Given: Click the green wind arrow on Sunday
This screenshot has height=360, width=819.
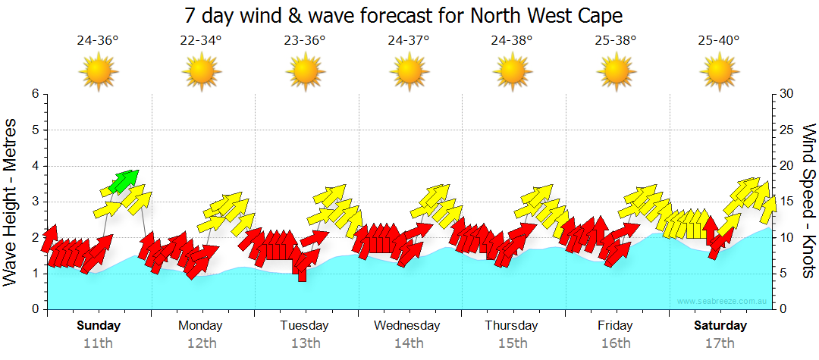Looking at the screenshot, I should tap(123, 180).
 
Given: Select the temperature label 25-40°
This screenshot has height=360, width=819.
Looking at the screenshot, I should tap(719, 41).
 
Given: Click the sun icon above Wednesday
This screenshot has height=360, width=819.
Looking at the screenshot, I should tap(409, 73).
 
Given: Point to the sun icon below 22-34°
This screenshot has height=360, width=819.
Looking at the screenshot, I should tap(201, 73).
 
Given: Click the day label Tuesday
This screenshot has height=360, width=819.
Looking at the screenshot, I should tap(304, 326).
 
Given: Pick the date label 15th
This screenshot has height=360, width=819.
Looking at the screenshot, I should tap(513, 343).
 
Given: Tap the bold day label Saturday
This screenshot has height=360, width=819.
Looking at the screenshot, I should tap(720, 326).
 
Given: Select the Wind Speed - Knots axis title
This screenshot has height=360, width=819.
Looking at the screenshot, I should tap(808, 200).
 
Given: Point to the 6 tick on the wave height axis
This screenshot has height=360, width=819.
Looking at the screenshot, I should tap(34, 94).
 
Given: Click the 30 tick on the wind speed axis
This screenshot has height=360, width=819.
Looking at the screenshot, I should tap(788, 94).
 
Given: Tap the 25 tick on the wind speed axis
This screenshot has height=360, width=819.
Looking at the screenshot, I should tap(788, 130).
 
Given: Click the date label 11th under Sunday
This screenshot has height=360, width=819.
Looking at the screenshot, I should tap(98, 343).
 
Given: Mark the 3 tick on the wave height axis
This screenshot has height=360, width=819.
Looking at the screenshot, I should tap(34, 202).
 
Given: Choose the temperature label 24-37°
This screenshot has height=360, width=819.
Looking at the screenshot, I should tap(408, 41).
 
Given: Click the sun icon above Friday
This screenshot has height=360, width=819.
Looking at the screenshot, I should tap(616, 73).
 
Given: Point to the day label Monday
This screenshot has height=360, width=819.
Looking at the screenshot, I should tap(200, 326).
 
